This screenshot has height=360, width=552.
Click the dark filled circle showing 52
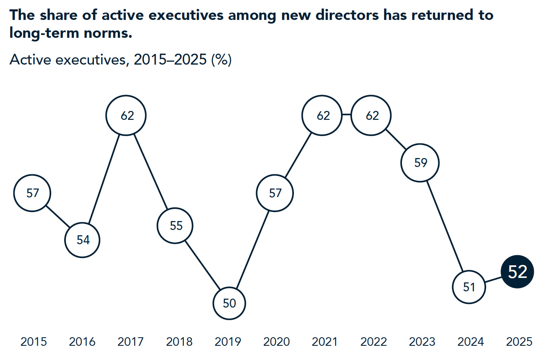pyautogui.click(x=517, y=272)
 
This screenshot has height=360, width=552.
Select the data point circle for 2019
pyautogui.click(x=230, y=303)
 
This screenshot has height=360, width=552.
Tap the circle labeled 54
pyautogui.click(x=83, y=240)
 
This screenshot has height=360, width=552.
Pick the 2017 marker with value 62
pyautogui.click(x=126, y=115)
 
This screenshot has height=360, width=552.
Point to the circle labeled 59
pyautogui.click(x=420, y=163)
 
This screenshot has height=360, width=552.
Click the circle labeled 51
pyautogui.click(x=469, y=287)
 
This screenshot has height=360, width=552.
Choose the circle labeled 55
pyautogui.click(x=176, y=226)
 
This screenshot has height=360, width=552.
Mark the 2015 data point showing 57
pyautogui.click(x=33, y=193)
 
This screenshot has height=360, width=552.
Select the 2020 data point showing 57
pyautogui.click(x=275, y=193)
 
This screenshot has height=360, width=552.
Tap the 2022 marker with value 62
pyautogui.click(x=372, y=115)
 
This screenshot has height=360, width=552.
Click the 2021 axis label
pyautogui.click(x=324, y=342)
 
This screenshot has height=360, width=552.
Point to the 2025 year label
pyautogui.click(x=519, y=342)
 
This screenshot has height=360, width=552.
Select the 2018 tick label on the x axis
pyautogui.click(x=179, y=342)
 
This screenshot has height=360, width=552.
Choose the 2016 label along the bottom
pyautogui.click(x=82, y=342)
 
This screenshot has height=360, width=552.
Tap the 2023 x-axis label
pyautogui.click(x=422, y=342)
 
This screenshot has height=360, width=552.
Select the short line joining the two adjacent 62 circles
pyautogui.click(x=346, y=115)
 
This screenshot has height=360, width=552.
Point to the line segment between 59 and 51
pyautogui.click(x=445, y=226)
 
